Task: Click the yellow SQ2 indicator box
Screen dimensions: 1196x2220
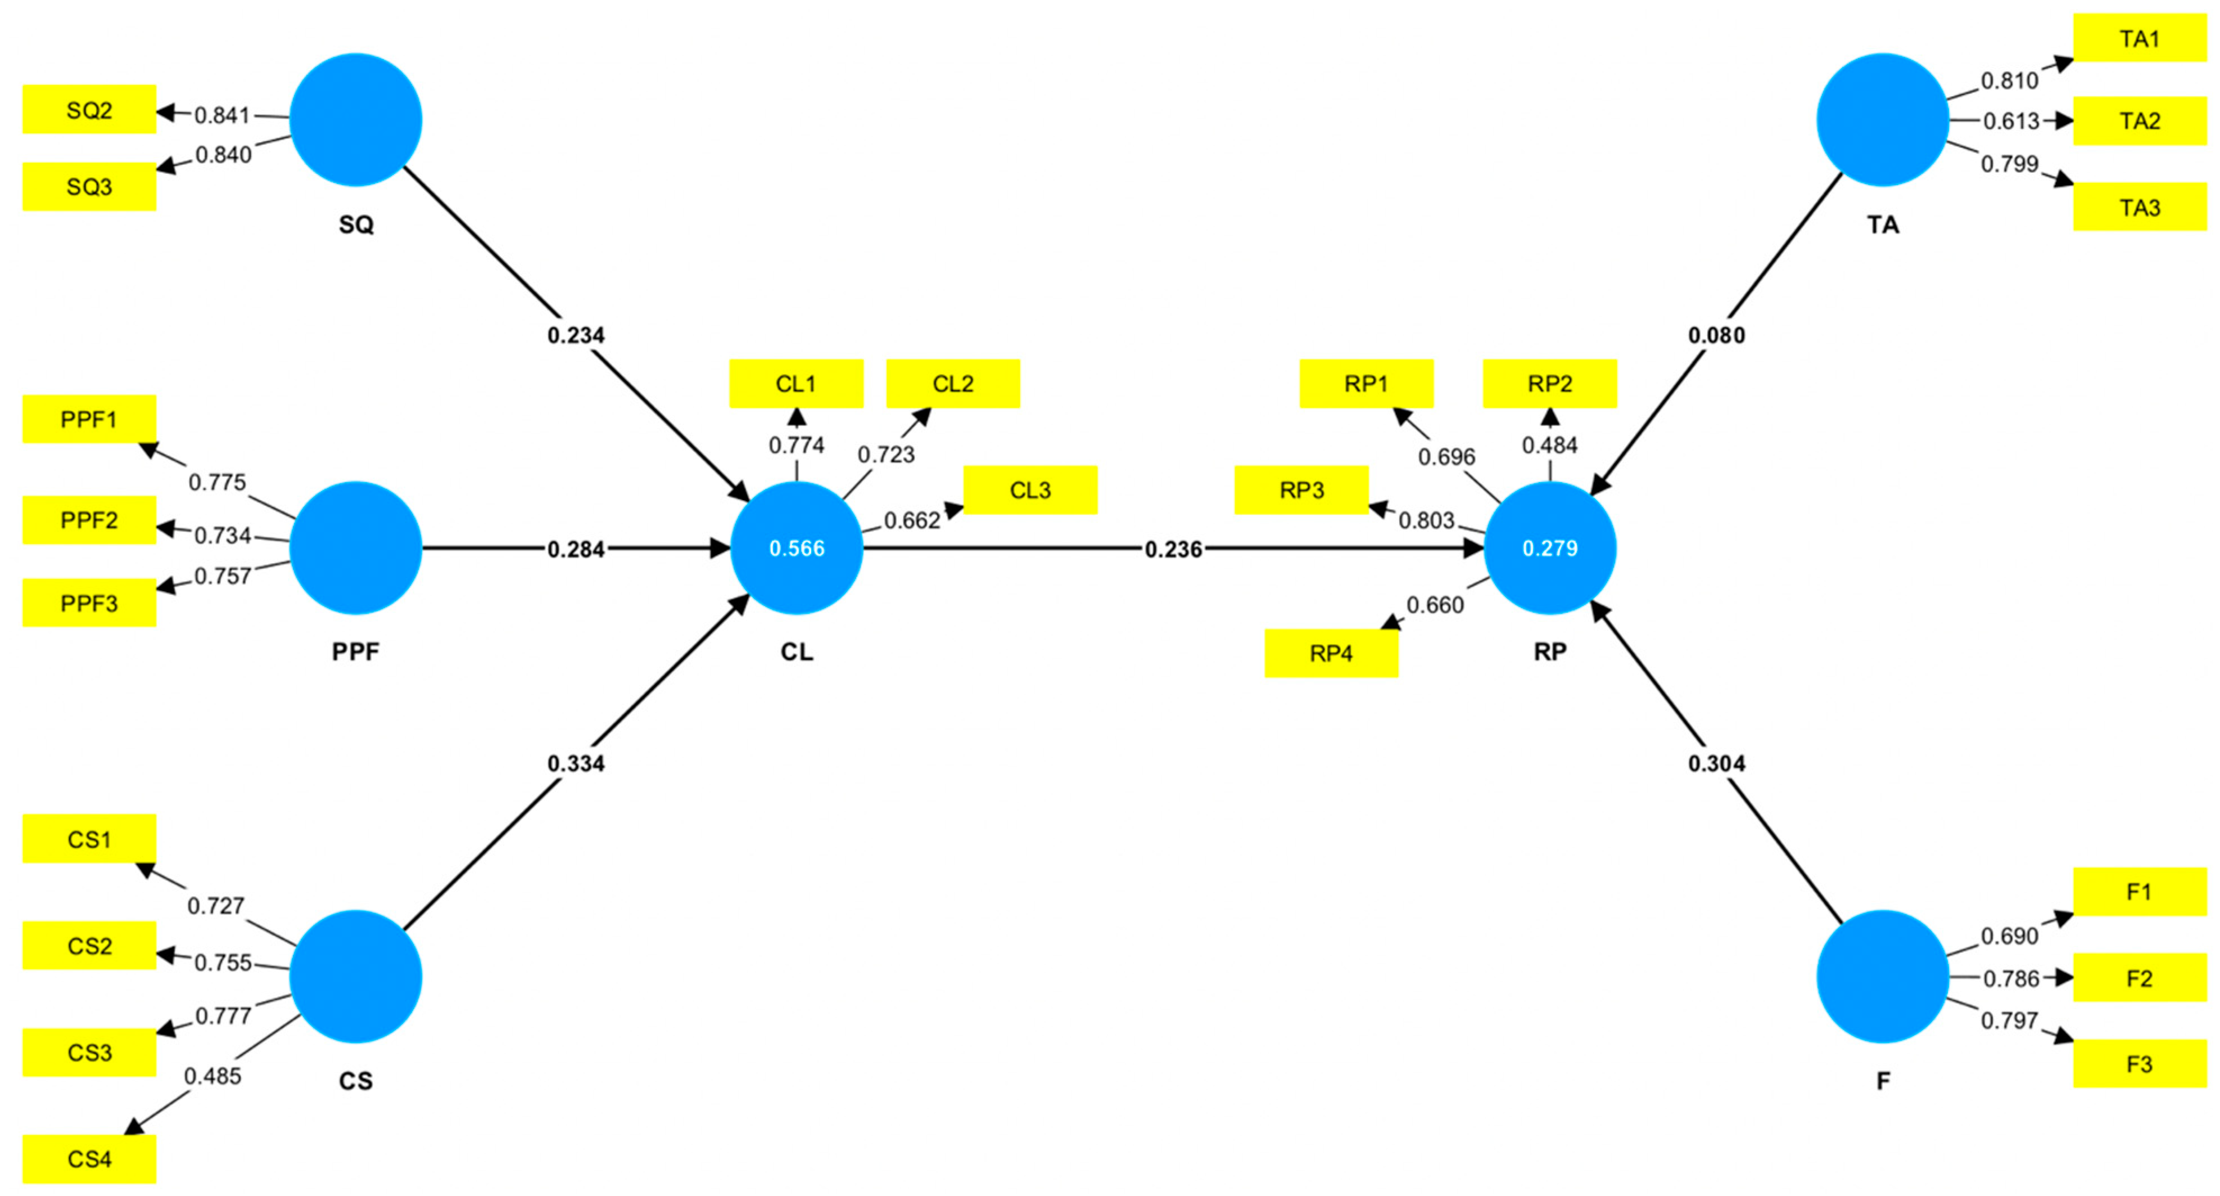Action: coord(89,110)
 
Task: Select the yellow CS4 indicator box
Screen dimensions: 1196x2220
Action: coord(89,1158)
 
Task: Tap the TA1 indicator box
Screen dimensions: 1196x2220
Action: coord(2139,38)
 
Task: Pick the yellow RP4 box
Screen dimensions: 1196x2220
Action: coord(1331,653)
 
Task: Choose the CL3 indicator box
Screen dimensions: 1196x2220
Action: coord(1030,490)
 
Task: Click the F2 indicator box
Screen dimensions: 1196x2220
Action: coord(2139,978)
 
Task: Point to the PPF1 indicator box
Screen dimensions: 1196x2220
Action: coord(89,419)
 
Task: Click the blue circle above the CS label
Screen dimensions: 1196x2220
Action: coord(355,976)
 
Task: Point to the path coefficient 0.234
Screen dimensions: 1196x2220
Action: coord(576,335)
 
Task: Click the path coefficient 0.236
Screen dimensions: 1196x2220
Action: coord(1173,548)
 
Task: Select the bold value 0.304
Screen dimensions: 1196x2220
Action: coord(1716,763)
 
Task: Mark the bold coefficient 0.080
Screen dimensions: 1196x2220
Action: coord(1716,335)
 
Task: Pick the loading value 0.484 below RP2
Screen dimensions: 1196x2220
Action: coord(1549,445)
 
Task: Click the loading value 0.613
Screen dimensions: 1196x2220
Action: coord(2010,121)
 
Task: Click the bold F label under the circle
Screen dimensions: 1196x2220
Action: coord(1883,1081)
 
